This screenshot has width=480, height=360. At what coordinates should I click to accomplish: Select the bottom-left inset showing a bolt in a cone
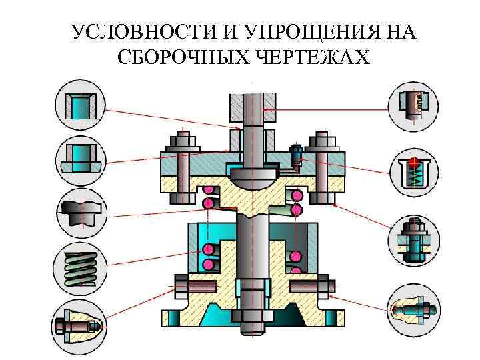(x=80, y=325)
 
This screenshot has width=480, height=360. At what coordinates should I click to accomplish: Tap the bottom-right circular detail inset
(x=413, y=309)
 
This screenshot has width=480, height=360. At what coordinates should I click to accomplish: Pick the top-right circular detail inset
(x=413, y=105)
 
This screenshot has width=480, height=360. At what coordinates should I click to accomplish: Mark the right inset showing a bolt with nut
(x=413, y=240)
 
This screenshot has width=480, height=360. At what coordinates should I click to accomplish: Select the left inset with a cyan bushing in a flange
(x=80, y=160)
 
